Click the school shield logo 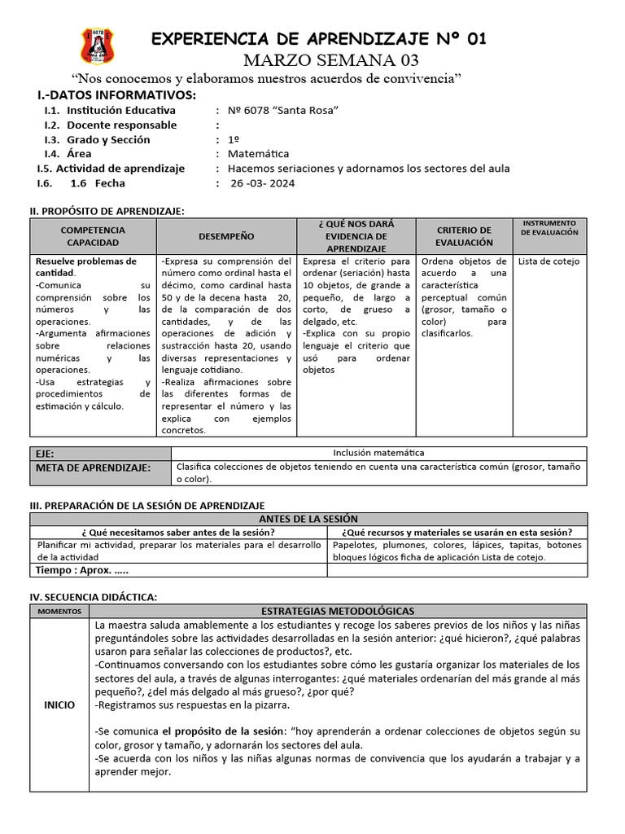(98, 46)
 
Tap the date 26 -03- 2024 (263, 183)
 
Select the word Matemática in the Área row (258, 154)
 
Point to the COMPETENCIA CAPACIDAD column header (93, 236)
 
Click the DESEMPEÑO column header (226, 236)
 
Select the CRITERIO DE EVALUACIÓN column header (464, 236)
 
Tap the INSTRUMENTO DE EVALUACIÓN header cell (549, 227)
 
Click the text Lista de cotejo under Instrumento (549, 261)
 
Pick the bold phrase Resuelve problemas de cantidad (85, 267)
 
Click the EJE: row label (45, 454)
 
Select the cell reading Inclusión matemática (378, 453)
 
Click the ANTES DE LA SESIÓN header (308, 519)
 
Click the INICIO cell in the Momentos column (59, 705)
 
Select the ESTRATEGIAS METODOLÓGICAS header (338, 611)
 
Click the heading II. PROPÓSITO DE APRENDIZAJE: (107, 211)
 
